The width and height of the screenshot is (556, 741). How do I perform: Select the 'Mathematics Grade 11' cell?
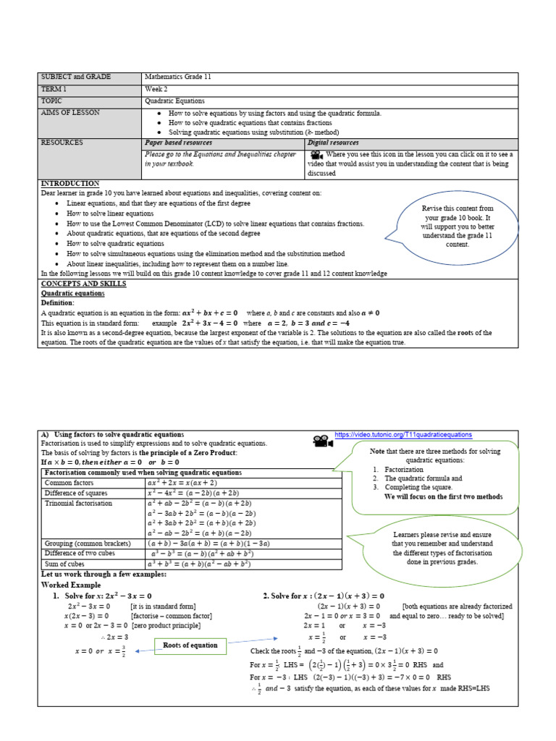[x=178, y=77]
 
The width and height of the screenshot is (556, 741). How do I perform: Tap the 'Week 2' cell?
[x=156, y=89]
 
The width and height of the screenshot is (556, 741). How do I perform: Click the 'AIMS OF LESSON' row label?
[x=71, y=113]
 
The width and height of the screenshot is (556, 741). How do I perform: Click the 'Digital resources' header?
[x=333, y=143]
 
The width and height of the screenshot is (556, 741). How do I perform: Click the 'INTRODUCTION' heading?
[x=70, y=184]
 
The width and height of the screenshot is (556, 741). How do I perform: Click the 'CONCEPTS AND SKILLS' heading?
[x=83, y=284]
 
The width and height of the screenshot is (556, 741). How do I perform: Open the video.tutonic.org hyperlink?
[x=404, y=435]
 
